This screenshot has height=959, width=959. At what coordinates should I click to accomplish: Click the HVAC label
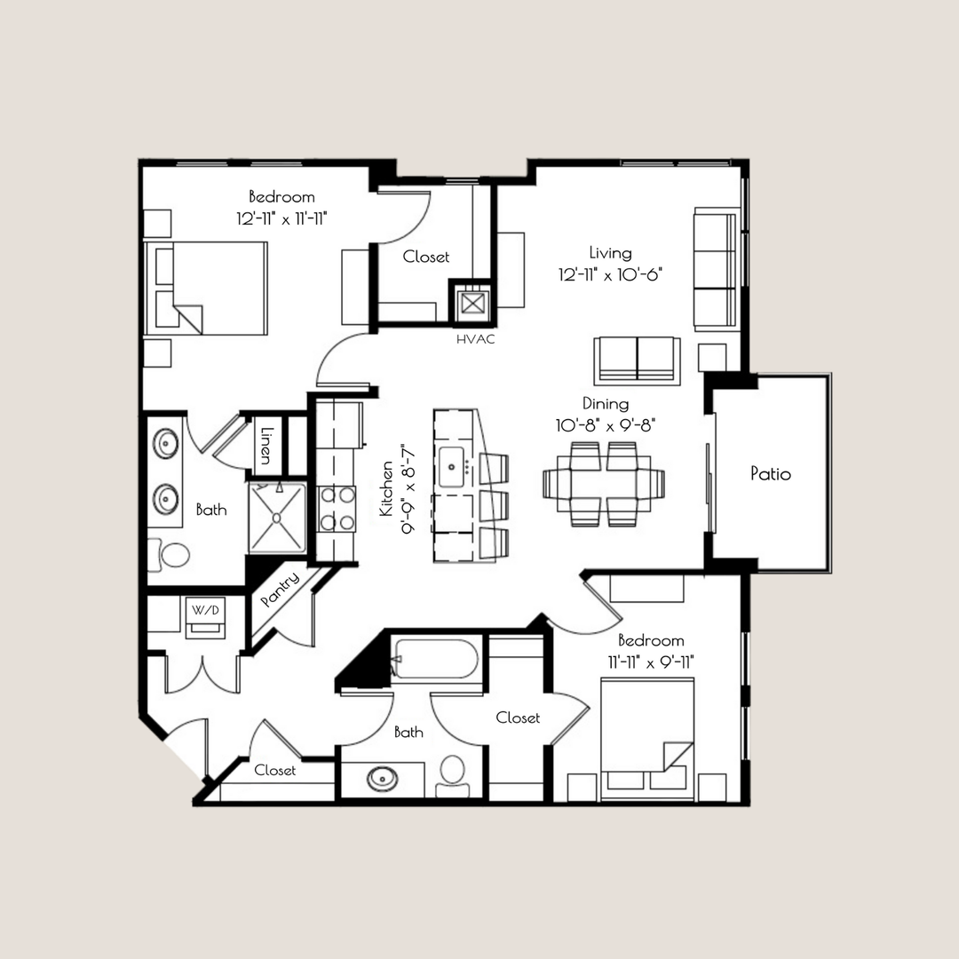pos(475,339)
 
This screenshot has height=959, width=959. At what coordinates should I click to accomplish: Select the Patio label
pos(770,473)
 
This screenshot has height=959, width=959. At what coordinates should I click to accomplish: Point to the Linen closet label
pos(265,445)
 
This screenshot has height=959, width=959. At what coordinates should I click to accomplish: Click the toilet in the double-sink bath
pos(170,555)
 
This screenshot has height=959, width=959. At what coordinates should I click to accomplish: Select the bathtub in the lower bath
pos(435,660)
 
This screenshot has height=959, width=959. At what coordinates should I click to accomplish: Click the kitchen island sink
pos(454,464)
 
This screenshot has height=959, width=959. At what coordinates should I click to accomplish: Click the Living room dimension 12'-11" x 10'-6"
pos(612,274)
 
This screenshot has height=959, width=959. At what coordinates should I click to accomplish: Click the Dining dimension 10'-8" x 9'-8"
pos(606,425)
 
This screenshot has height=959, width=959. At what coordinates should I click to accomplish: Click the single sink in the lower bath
pos(383,779)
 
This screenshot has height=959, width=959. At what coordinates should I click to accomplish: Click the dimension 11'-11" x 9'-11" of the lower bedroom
pos(651,661)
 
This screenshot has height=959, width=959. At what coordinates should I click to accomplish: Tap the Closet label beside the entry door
pos(275,770)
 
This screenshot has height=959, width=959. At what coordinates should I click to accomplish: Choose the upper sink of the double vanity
pos(165,441)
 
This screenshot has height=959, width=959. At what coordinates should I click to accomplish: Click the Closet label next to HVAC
pos(426,257)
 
